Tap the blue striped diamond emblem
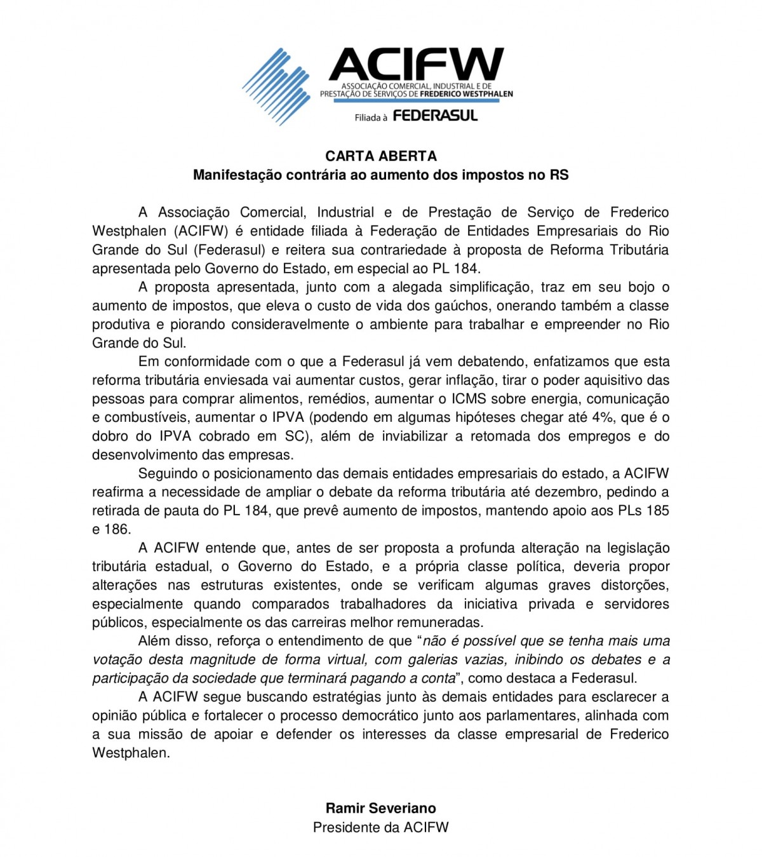click(276, 86)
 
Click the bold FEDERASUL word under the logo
click(435, 116)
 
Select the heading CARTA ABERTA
click(381, 156)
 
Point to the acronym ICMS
click(469, 399)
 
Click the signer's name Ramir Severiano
click(381, 808)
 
